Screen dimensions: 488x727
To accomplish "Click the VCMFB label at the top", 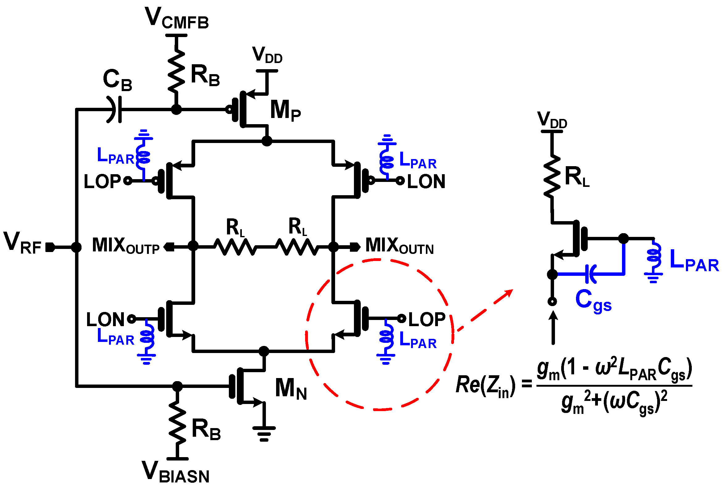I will [177, 19].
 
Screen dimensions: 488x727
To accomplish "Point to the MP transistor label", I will [285, 111].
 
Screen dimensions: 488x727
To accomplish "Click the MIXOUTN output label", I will [399, 246].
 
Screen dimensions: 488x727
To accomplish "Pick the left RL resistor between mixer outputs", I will [236, 247].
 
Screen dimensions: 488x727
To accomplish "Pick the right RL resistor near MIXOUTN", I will [297, 247].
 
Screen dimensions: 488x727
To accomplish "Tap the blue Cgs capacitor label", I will [593, 301].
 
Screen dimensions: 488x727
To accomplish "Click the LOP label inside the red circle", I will [427, 320].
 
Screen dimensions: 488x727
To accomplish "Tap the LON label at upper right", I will [426, 182].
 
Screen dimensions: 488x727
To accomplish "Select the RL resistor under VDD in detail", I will [552, 176].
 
